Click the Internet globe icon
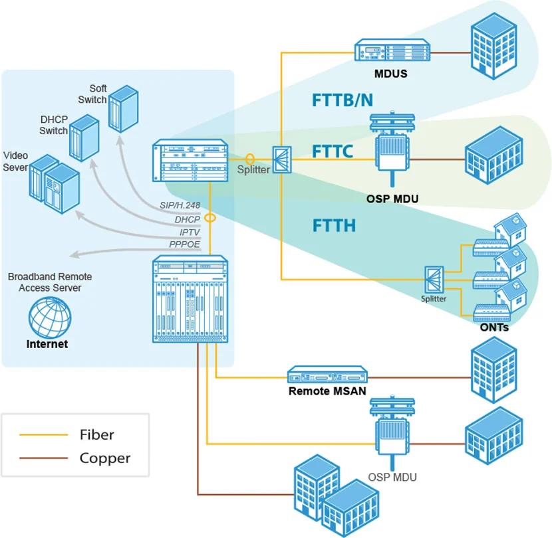coord(50,316)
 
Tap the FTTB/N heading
coord(343,100)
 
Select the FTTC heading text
coord(333,152)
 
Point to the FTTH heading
coord(334,226)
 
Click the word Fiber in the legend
coord(97,435)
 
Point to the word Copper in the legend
coord(105,458)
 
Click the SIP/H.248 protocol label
coord(180,206)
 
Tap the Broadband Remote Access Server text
coord(50,282)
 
